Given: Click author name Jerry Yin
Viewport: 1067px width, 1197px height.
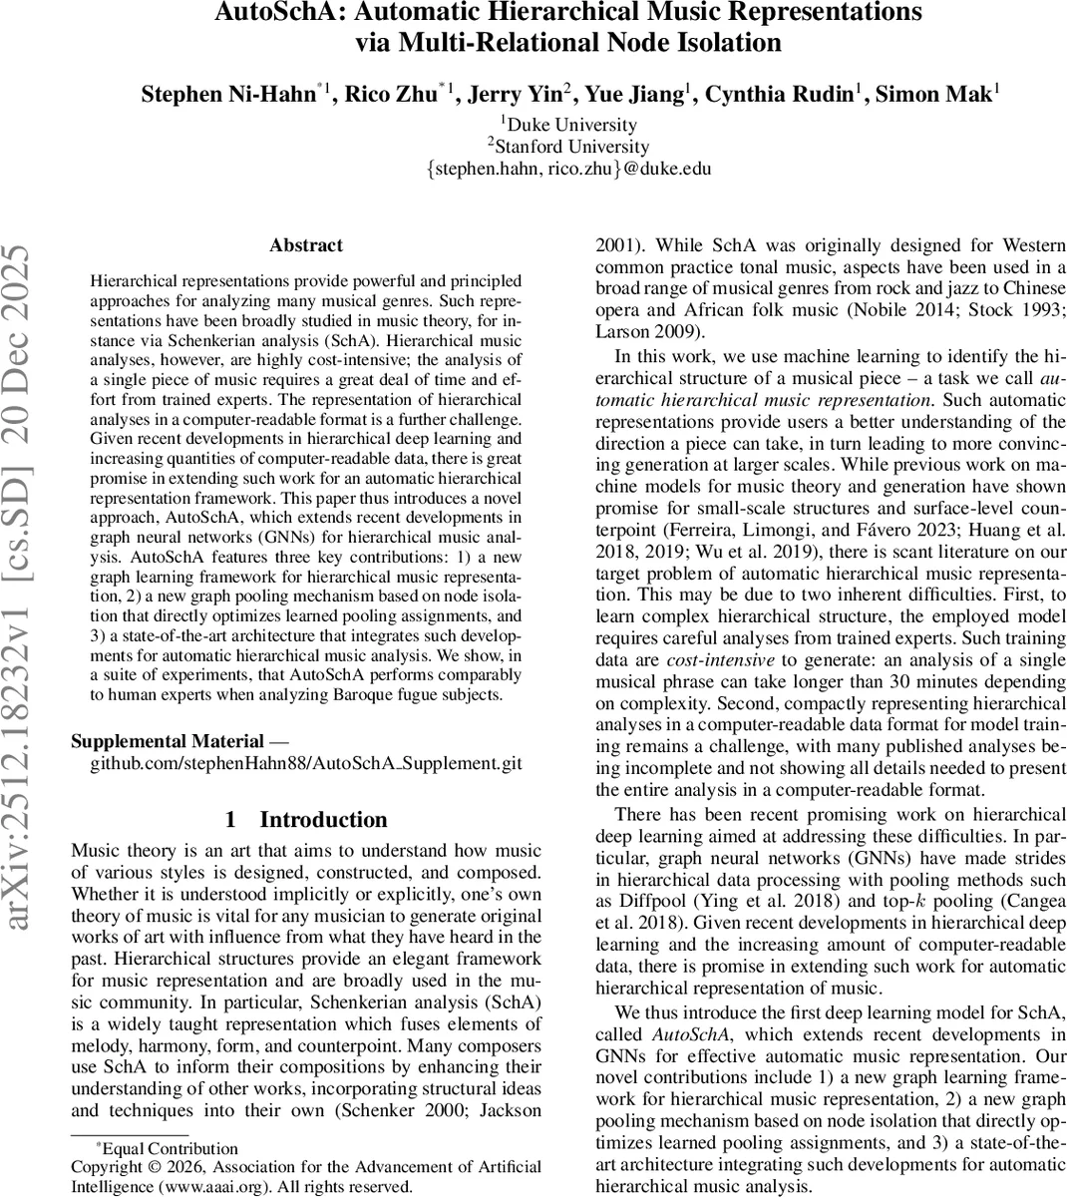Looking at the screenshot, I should click(x=519, y=95).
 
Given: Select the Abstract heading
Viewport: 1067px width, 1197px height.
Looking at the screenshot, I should click(x=306, y=245).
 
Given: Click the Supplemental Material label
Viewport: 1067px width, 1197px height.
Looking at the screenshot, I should click(x=168, y=742).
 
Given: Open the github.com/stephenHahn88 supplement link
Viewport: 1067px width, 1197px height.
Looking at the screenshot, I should click(x=306, y=763).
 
